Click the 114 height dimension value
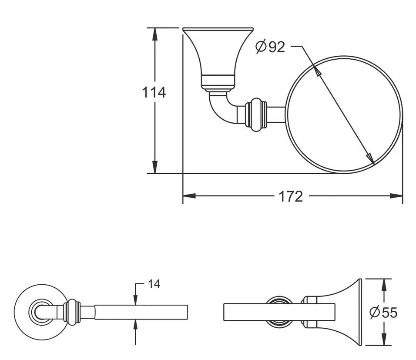pyautogui.click(x=154, y=92)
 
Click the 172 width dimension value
pyautogui.click(x=291, y=196)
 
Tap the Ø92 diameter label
pyautogui.click(x=270, y=47)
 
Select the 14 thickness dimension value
pyautogui.click(x=154, y=284)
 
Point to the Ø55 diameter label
pyautogui.click(x=384, y=312)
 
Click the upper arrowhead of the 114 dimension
pyautogui.click(x=155, y=34)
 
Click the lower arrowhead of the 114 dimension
pyautogui.click(x=155, y=167)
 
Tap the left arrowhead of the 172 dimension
pyautogui.click(x=189, y=196)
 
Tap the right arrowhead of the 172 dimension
pyautogui.click(x=396, y=196)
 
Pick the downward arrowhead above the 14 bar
pyautogui.click(x=136, y=299)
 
